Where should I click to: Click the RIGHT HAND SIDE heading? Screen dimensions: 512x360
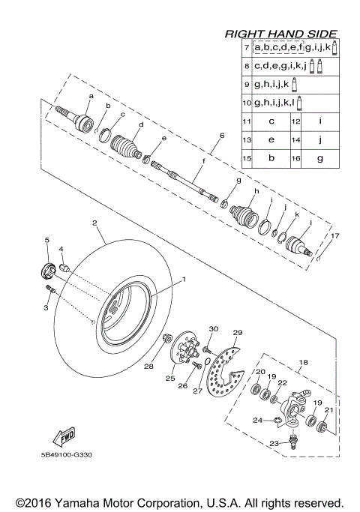click(x=280, y=34)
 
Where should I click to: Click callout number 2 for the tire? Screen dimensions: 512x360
click(x=94, y=223)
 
